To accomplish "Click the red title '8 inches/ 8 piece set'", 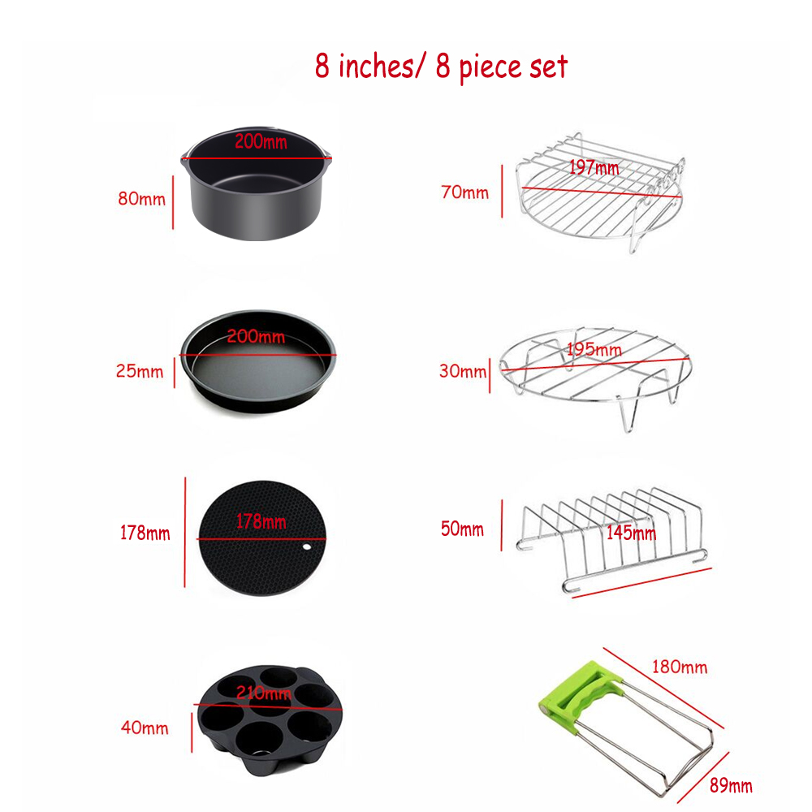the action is point(441,67).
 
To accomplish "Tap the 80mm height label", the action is point(141,199).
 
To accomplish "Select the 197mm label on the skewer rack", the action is point(594,167).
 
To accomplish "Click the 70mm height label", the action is point(464,192).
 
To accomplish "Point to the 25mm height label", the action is point(140,371).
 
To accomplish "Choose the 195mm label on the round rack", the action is point(594,349).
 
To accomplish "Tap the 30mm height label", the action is point(463,371).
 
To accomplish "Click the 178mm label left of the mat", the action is point(145,533).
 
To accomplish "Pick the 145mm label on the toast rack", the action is point(631,533).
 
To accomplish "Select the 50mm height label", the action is point(462,529).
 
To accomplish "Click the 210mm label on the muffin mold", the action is point(264,693).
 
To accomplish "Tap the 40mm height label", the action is point(145,728).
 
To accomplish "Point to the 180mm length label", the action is point(680,667).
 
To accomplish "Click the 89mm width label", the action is point(731,785).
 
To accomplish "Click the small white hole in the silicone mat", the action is point(307,546).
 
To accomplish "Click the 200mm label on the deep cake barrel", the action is point(261,141).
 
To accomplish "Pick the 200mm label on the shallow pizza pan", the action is point(256,337).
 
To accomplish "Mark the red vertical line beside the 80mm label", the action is point(173,202).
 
